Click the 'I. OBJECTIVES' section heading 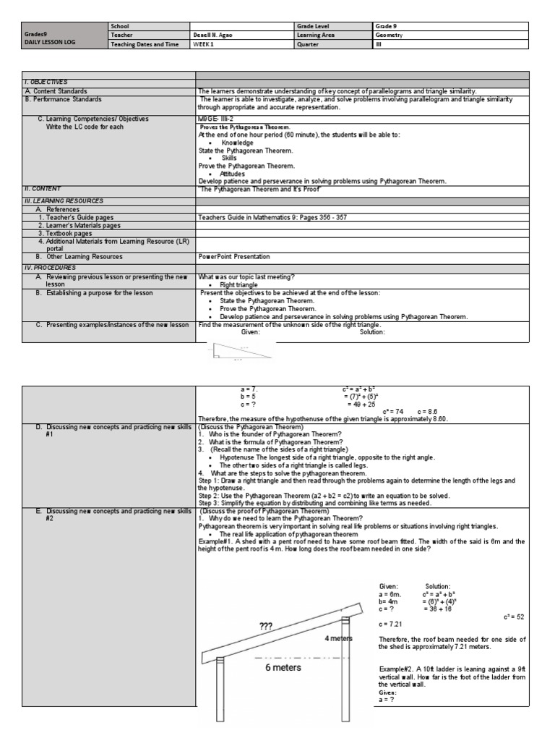click(x=46, y=82)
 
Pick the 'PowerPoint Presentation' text click(x=234, y=257)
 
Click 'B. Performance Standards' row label click(x=63, y=99)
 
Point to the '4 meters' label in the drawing click(x=338, y=638)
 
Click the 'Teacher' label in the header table click(x=121, y=35)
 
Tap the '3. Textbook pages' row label click(x=66, y=234)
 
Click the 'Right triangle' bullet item click(x=238, y=285)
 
